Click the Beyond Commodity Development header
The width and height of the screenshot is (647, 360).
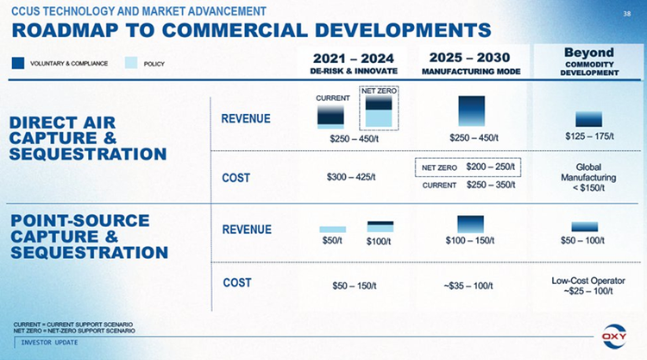(589, 60)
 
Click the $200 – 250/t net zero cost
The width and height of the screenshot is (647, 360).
(490, 166)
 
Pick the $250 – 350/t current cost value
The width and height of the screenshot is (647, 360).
(490, 185)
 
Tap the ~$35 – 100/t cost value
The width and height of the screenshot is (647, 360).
(468, 285)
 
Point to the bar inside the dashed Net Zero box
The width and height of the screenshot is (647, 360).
(379, 111)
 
